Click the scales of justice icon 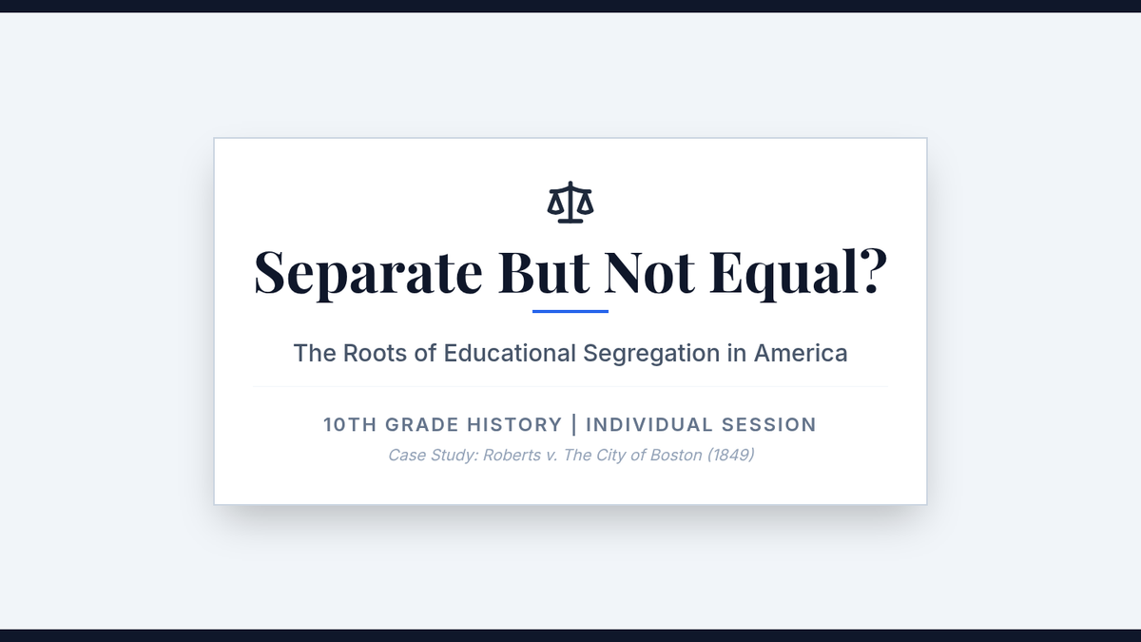570,203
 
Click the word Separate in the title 368,274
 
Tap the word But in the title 544,272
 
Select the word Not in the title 649,272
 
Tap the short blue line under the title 570,311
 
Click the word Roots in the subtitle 375,353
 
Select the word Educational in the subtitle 510,353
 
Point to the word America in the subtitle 801,353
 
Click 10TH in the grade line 351,425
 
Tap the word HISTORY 514,425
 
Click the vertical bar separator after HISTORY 574,425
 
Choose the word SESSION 769,425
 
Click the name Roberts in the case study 512,455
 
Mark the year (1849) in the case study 730,455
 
